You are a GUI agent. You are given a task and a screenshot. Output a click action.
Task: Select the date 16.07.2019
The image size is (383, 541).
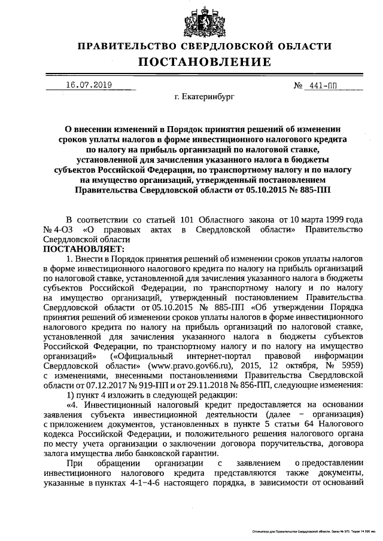pyautogui.click(x=88, y=85)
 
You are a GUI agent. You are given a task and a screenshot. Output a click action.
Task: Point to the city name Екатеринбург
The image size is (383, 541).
pyautogui.click(x=205, y=95)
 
